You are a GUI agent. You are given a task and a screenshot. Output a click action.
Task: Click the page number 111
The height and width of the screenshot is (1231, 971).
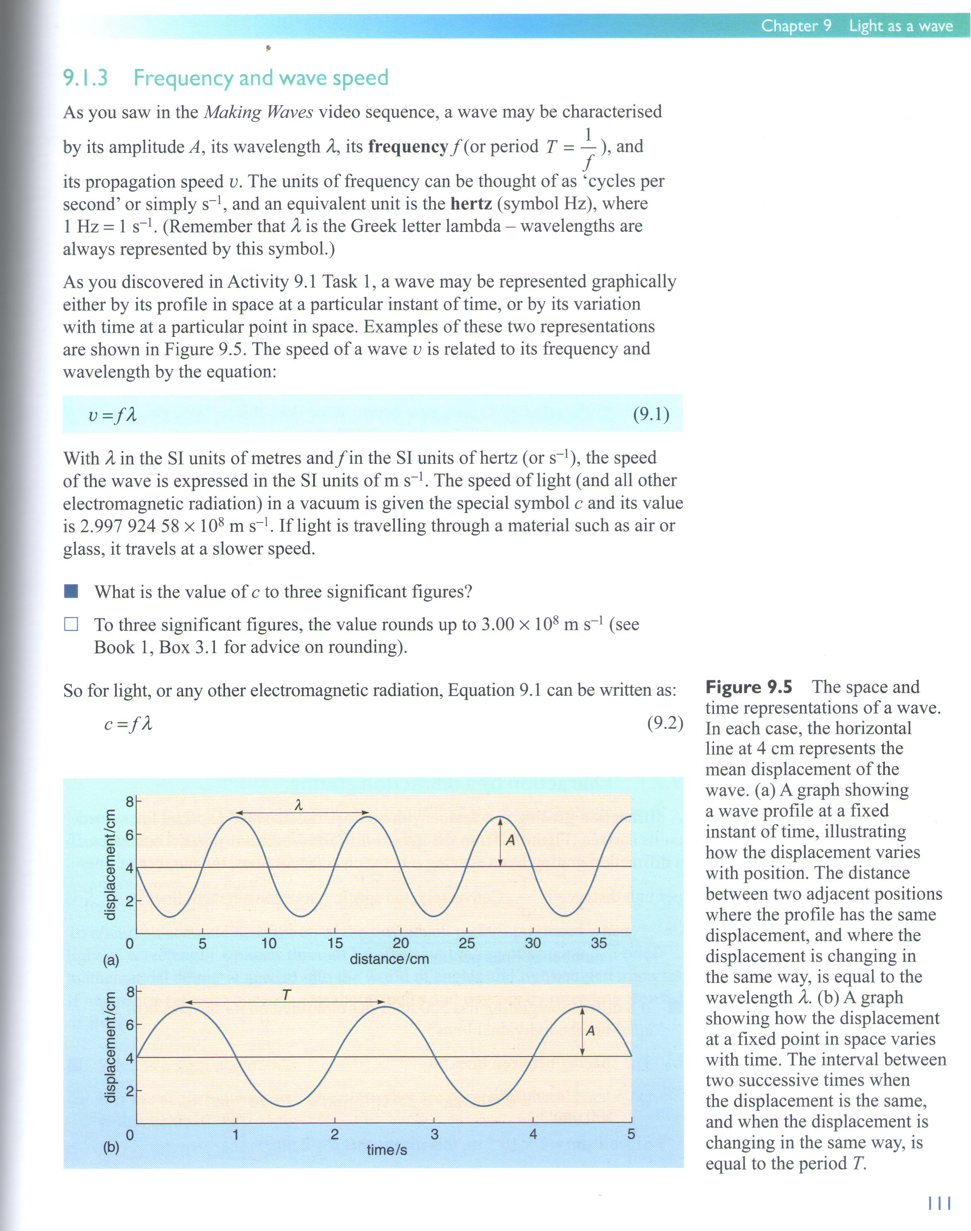coord(939,1203)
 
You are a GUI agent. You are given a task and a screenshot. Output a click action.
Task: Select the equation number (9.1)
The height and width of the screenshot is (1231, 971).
coord(651,414)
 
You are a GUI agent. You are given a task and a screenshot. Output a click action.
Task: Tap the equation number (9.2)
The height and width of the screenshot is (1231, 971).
coord(665,723)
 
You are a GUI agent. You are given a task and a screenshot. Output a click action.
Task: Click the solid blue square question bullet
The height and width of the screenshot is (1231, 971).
coord(71,591)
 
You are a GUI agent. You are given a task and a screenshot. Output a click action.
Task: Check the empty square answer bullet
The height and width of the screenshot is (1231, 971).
coord(71,624)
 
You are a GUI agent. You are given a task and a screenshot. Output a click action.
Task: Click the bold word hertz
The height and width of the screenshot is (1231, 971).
coord(470,203)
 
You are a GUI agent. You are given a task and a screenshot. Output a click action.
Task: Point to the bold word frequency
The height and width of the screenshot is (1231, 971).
coord(408,147)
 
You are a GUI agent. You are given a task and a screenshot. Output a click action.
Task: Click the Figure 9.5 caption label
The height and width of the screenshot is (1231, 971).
coord(748,687)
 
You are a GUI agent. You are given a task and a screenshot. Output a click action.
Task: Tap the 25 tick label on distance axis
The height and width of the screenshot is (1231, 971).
coord(466,943)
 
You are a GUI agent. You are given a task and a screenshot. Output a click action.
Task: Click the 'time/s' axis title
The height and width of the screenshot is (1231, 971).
coord(387,1150)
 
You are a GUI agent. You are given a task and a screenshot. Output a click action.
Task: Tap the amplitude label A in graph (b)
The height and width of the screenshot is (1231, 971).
coord(590,1030)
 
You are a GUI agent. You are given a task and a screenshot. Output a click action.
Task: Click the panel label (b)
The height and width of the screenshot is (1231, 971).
coord(111,1147)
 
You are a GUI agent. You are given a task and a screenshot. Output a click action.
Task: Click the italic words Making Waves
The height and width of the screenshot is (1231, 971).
coord(258,112)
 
